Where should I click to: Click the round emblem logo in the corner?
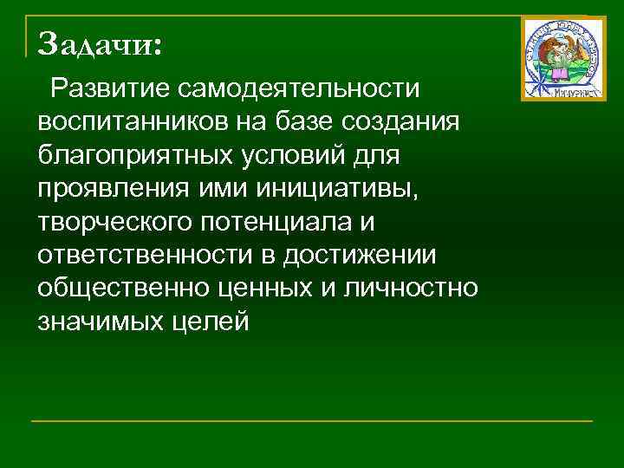563,58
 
